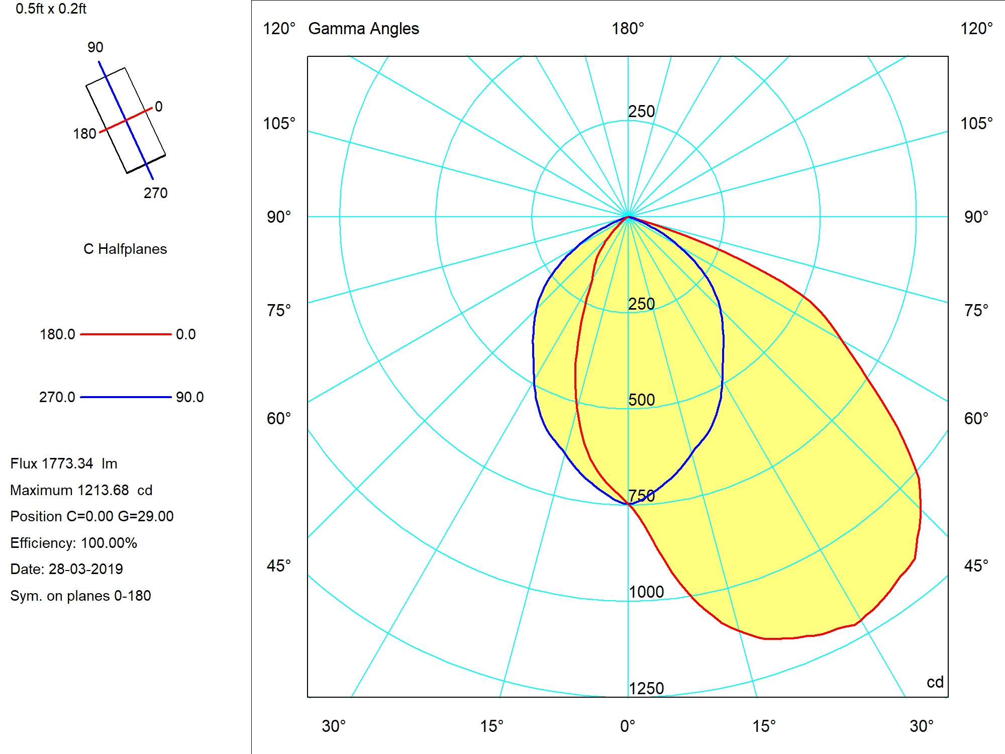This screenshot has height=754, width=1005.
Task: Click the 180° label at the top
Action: (628, 29)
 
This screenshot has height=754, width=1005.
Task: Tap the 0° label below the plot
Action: (628, 726)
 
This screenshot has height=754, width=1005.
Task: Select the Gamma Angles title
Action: (363, 29)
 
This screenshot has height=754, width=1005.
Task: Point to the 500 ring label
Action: (642, 400)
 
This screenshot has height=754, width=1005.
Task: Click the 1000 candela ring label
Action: (646, 592)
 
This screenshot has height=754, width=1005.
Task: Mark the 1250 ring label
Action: (646, 688)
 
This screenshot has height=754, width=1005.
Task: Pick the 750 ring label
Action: (642, 496)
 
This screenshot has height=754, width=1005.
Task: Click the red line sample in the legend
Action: (126, 334)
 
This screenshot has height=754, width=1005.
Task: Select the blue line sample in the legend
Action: (126, 397)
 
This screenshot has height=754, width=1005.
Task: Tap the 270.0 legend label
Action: (57, 397)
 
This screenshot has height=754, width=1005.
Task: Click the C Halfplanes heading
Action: (125, 249)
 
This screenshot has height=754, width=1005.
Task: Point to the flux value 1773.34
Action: (67, 463)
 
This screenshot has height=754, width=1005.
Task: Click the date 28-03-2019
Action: (85, 569)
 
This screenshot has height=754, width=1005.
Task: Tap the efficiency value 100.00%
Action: (109, 543)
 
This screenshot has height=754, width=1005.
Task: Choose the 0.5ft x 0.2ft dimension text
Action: (51, 9)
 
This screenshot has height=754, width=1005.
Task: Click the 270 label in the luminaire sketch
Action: (155, 193)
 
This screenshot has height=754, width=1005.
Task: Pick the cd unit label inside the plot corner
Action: (935, 682)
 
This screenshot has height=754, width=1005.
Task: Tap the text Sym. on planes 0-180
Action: (80, 596)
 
